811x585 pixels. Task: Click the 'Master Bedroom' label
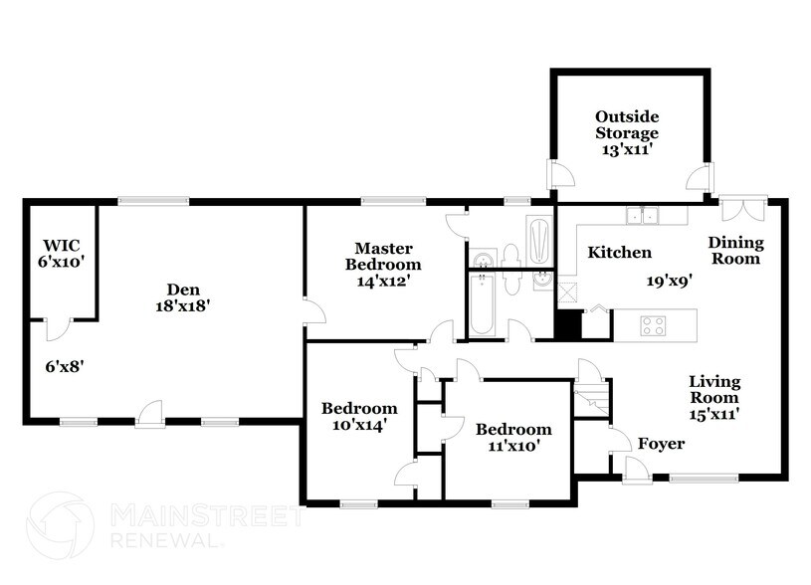383,257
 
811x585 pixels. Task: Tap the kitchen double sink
643,216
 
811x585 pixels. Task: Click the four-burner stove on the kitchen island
653,323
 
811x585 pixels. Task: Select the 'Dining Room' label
735,251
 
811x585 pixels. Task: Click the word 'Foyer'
661,443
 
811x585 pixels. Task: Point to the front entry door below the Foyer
634,470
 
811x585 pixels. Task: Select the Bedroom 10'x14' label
358,416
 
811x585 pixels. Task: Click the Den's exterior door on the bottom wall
150,414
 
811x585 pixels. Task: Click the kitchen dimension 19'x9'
669,281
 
